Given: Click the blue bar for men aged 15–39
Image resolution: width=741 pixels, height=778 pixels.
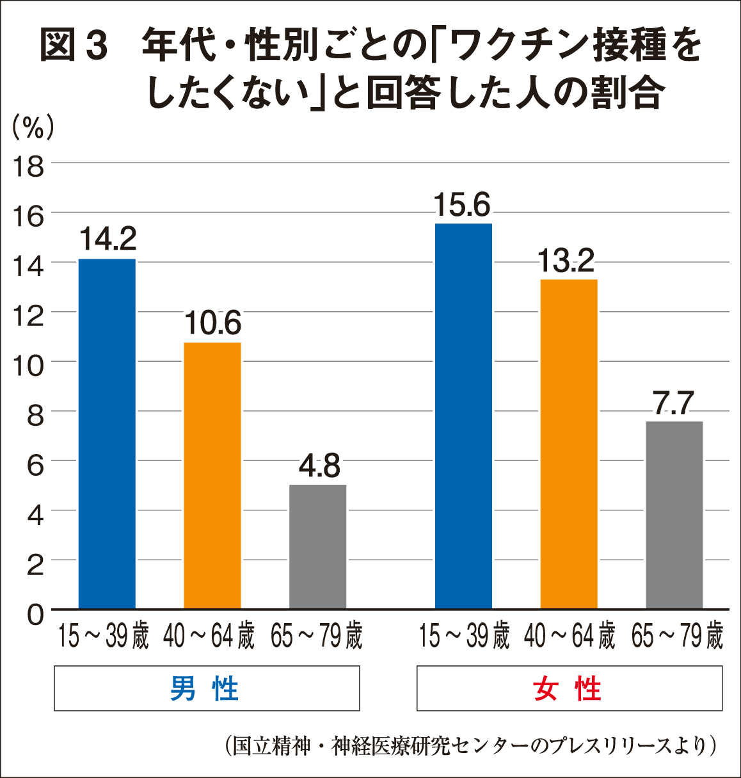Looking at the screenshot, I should [107, 434].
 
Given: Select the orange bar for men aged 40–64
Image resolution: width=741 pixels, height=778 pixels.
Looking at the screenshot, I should [212, 475].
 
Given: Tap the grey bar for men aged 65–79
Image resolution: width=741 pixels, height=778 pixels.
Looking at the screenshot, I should [317, 546].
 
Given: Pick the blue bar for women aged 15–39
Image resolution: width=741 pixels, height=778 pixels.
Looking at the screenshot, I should [463, 416].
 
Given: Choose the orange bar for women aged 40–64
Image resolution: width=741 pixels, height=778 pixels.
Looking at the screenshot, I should [569, 444].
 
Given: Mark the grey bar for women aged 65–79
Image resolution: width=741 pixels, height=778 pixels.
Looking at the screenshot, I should [674, 515].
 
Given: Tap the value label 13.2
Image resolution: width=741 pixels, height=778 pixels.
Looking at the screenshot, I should [566, 261].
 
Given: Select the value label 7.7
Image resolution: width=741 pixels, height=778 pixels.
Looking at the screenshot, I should [674, 403].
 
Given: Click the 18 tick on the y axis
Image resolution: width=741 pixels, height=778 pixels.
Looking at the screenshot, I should [28, 166].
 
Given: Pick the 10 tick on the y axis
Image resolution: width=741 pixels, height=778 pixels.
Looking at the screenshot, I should [28, 366].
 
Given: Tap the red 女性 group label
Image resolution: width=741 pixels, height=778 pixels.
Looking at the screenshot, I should [568, 689].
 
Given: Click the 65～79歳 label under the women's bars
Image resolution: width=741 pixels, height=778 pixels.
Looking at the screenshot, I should [677, 637].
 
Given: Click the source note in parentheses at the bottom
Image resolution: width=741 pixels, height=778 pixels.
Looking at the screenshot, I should [470, 746].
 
